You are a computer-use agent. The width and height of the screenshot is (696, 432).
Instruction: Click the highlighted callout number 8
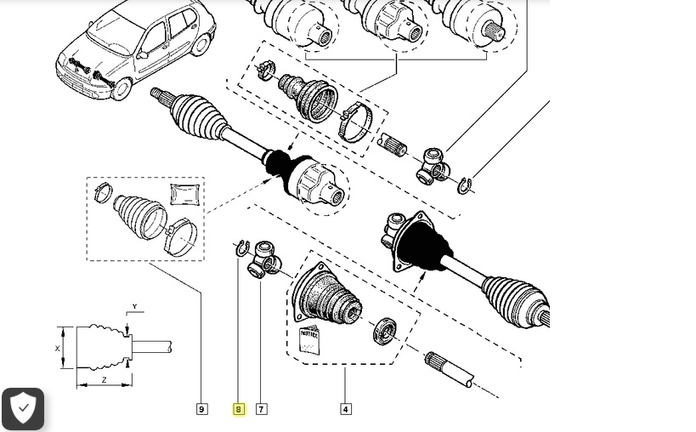point(238,409)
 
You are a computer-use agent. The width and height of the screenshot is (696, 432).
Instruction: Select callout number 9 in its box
point(201,409)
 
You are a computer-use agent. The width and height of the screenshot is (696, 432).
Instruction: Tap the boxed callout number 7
point(261,409)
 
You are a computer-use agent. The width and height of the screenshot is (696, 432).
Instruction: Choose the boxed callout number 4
point(346,409)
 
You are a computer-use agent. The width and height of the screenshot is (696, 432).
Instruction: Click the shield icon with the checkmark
point(23,409)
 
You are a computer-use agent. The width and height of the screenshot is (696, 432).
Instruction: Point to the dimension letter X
point(58,349)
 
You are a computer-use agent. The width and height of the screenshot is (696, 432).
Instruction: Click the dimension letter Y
point(134,307)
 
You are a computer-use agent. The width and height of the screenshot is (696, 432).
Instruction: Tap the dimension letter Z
point(104,380)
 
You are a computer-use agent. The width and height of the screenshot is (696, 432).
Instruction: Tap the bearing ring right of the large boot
point(384,329)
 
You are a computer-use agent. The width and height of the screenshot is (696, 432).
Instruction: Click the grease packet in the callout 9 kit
point(184,194)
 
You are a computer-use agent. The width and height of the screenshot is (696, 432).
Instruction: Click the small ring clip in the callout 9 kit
point(102,193)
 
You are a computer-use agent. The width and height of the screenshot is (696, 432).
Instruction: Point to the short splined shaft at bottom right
point(449,370)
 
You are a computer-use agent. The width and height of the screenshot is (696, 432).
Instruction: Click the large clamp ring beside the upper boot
point(355,122)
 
